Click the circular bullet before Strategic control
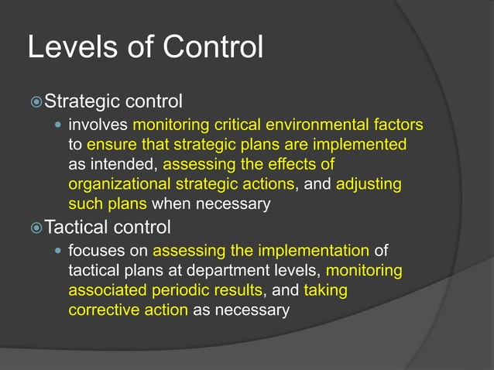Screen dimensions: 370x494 point(36,102)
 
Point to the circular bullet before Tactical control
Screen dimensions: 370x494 point(36,228)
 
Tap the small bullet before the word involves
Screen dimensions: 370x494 point(58,125)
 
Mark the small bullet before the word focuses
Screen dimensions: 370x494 point(58,251)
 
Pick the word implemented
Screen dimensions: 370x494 point(363,144)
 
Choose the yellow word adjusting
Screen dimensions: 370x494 point(369,184)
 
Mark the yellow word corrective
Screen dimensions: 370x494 point(103,310)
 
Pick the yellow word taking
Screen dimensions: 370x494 point(325,290)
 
